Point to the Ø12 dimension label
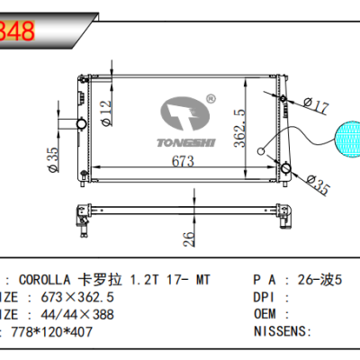pos(104,112)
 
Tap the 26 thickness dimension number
pos(187,238)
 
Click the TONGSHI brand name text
pos(185,141)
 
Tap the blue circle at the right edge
pos(347,139)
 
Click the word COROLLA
pos(44,281)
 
